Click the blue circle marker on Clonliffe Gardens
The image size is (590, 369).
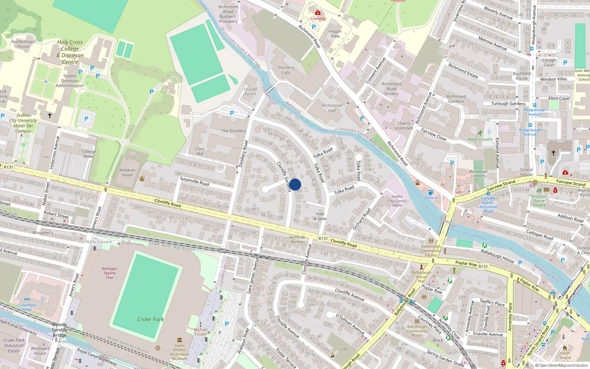pyautogui.click(x=295, y=184)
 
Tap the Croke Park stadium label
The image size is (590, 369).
pyautogui.click(x=150, y=319)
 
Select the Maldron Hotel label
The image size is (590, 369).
pyautogui.click(x=128, y=173)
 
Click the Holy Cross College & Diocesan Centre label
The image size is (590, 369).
pyautogui.click(x=70, y=52)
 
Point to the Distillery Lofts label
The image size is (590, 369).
pyautogui.click(x=286, y=70)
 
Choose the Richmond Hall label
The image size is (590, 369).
pyautogui.click(x=332, y=108)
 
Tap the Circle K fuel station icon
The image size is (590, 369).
pyautogui.click(x=430, y=192)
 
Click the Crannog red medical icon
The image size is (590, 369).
pyautogui.click(x=317, y=13)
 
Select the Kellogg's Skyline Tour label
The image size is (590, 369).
pyautogui.click(x=110, y=273)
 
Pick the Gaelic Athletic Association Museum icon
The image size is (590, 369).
pyautogui.click(x=180, y=340)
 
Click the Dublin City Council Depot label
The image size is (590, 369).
pyautogui.click(x=397, y=201)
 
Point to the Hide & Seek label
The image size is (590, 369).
pyautogui.click(x=320, y=216)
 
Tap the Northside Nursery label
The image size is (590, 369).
pyautogui.click(x=297, y=239)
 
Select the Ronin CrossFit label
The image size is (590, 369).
pyautogui.click(x=480, y=139)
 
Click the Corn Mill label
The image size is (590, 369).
pyautogui.click(x=200, y=151)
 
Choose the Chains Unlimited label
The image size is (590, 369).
pyautogui.click(x=403, y=125)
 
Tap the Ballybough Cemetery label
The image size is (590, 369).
pyautogui.click(x=479, y=173)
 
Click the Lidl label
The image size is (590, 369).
pyautogui.click(x=344, y=349)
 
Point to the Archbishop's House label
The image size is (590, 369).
pyautogui.click(x=23, y=44)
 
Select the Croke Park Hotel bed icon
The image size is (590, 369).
pyautogui.click(x=27, y=300)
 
